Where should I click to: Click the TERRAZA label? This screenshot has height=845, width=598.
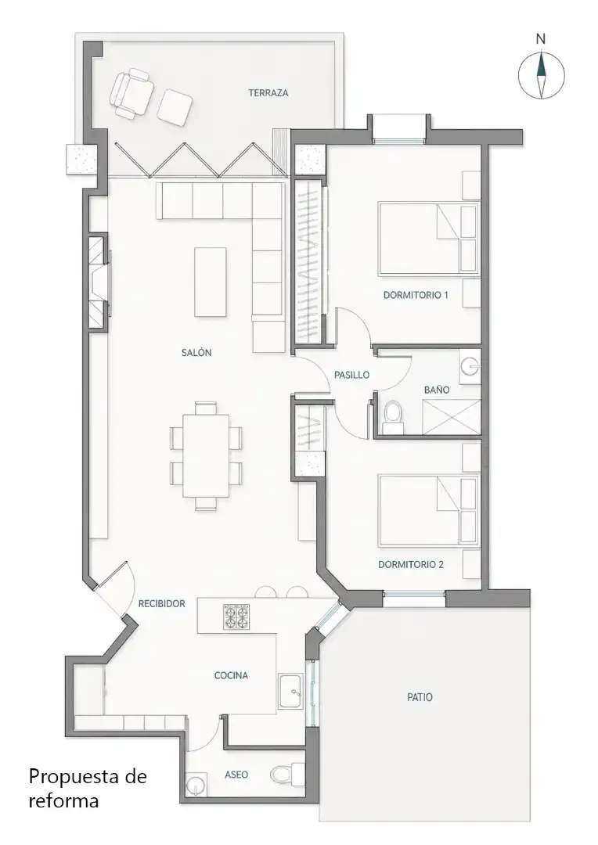coord(268,92)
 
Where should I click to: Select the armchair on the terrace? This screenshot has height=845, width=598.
coord(131,92)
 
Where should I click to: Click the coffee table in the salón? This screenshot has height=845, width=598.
coord(211,282)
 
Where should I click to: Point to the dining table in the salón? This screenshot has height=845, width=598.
coord(205,455)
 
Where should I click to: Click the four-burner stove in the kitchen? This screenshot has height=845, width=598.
coord(236,617)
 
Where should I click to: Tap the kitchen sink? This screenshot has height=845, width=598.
coord(291,692)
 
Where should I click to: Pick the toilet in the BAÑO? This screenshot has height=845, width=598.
coord(392,415)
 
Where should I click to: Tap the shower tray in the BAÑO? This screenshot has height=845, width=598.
coord(452,416)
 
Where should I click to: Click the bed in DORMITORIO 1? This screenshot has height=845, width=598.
coord(429,239)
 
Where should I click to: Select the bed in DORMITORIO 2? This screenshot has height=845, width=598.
coord(429,510)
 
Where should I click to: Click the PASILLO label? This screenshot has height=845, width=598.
coord(352,375)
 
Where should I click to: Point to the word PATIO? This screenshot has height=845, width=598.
coord(420,697)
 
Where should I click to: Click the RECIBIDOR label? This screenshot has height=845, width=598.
coord(162,603)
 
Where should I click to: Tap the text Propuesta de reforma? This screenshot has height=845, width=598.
coord(88,789)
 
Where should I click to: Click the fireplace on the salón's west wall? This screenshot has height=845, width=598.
coord(99,282)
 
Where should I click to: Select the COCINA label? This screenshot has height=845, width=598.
coord(232,675)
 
